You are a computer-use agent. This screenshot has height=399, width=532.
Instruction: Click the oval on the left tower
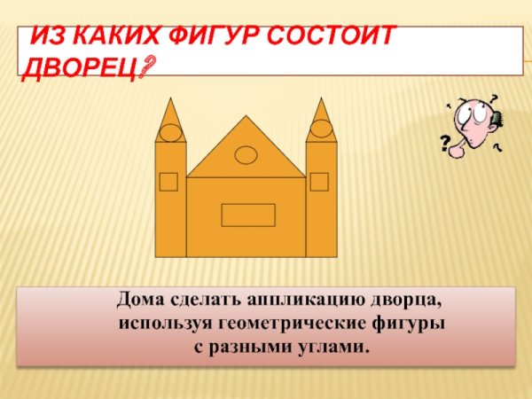pyautogui.click(x=170, y=133)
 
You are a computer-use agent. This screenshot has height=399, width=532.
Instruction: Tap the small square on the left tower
pyautogui.click(x=168, y=182)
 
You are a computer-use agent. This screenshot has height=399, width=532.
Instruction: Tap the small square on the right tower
pyautogui.click(x=319, y=182)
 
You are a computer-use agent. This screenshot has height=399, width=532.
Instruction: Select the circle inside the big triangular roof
pyautogui.click(x=246, y=155)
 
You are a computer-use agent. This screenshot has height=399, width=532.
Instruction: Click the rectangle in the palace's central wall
pyautogui.click(x=247, y=215)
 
